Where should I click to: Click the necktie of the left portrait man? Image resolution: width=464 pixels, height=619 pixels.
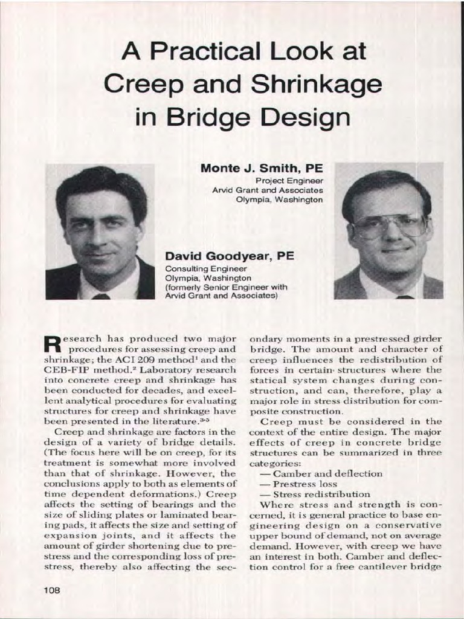[100, 296]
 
